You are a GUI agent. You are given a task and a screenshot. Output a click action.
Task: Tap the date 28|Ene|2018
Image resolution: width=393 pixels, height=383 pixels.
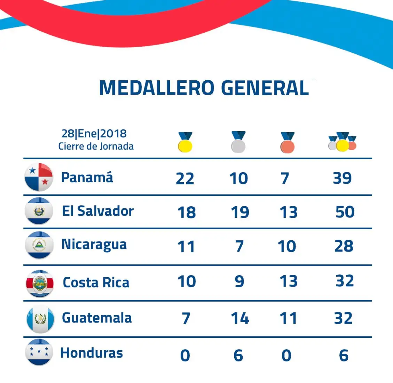point(94,134)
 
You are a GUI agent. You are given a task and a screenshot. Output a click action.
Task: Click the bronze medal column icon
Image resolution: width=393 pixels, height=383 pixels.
point(288,142)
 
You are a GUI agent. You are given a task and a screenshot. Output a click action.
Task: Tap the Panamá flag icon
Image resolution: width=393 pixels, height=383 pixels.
point(39,177)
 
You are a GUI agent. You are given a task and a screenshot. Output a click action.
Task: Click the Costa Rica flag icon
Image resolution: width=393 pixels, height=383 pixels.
point(40,284)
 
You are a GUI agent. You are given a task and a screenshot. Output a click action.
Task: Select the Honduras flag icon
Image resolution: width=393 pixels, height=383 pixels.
point(39,352)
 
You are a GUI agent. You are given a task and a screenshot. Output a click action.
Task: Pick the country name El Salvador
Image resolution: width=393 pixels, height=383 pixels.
point(98,211)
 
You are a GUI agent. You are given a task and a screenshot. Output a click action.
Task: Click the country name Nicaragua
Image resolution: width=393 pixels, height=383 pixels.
point(94,245)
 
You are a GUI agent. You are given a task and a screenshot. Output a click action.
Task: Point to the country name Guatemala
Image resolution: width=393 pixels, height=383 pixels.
point(97,318)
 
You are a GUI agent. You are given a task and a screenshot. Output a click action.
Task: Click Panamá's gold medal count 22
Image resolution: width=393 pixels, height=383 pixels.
point(185,179)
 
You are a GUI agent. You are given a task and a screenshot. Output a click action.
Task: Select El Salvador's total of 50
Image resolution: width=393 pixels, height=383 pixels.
point(345,212)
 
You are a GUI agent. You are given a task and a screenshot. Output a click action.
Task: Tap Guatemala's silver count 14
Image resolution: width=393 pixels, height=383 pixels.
point(240,318)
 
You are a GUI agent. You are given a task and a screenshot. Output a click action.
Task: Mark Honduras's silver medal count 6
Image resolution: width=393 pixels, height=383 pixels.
point(238,356)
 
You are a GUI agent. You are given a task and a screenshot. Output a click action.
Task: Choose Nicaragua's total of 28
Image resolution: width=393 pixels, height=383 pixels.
point(344,246)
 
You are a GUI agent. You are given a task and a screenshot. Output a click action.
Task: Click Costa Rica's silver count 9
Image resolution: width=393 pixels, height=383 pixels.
point(239,281)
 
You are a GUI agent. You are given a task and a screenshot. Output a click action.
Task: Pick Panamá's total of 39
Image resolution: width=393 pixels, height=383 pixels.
point(343,178)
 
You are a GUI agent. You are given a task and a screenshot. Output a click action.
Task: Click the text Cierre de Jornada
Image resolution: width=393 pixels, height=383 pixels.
point(96,146)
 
